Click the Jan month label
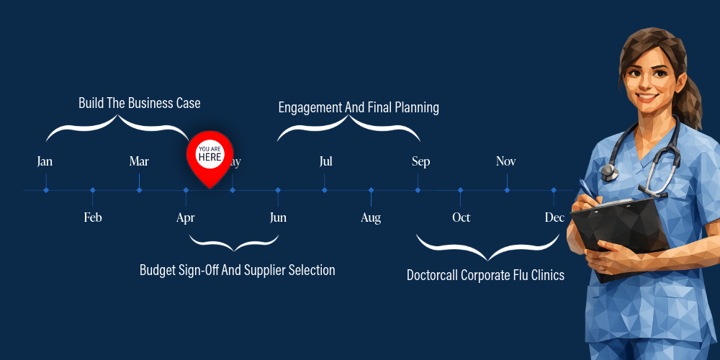click(45, 161)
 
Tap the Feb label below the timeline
click(93, 217)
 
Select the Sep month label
click(420, 161)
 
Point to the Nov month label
click(505, 161)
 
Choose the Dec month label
click(554, 217)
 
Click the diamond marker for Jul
click(325, 190)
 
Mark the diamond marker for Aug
click(372, 190)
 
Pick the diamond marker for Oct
click(461, 190)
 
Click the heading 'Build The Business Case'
click(139, 103)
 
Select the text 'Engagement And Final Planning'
click(359, 108)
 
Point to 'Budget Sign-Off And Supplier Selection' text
click(237, 271)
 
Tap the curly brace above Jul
click(348, 128)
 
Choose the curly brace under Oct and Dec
click(488, 250)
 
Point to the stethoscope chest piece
click(609, 172)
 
